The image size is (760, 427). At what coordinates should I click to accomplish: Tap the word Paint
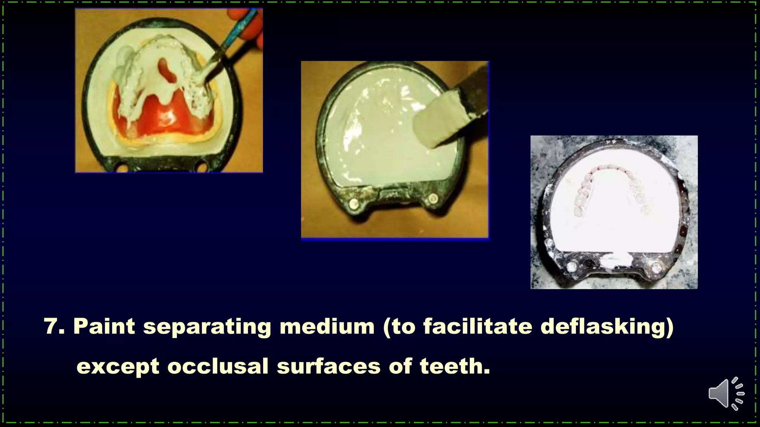(x=104, y=327)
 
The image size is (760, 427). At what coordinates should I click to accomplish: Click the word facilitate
(x=478, y=327)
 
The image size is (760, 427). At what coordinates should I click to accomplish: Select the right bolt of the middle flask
(x=431, y=199)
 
